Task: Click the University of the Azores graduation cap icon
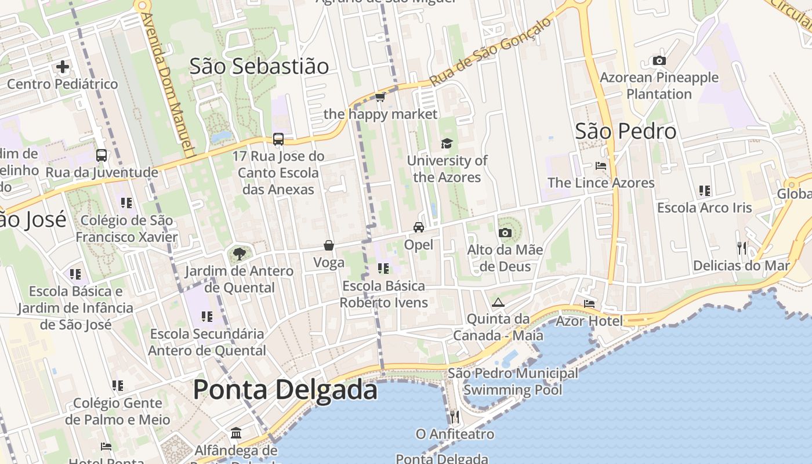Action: pyautogui.click(x=446, y=143)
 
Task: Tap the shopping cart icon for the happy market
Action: pyautogui.click(x=380, y=97)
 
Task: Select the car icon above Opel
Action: pyautogui.click(x=419, y=227)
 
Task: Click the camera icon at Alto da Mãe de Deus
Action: pyautogui.click(x=505, y=233)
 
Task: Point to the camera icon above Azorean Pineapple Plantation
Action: pyautogui.click(x=659, y=60)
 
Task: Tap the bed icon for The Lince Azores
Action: pyautogui.click(x=601, y=165)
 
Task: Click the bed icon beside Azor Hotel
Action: pyautogui.click(x=589, y=303)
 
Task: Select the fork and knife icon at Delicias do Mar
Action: pyautogui.click(x=741, y=248)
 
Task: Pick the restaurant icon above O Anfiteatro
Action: pyautogui.click(x=455, y=416)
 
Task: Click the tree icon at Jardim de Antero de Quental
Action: pyautogui.click(x=238, y=253)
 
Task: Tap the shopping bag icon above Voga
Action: pyautogui.click(x=329, y=245)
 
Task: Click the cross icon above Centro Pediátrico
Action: pyautogui.click(x=63, y=67)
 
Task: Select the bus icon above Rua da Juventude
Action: pyautogui.click(x=101, y=155)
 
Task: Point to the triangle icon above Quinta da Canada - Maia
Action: pyautogui.click(x=498, y=302)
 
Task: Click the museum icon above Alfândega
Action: pyautogui.click(x=236, y=433)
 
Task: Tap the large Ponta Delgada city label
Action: pyautogui.click(x=285, y=389)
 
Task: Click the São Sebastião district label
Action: pyautogui.click(x=259, y=66)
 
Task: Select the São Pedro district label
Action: pyautogui.click(x=625, y=131)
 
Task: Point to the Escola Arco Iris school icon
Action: pyautogui.click(x=705, y=190)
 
